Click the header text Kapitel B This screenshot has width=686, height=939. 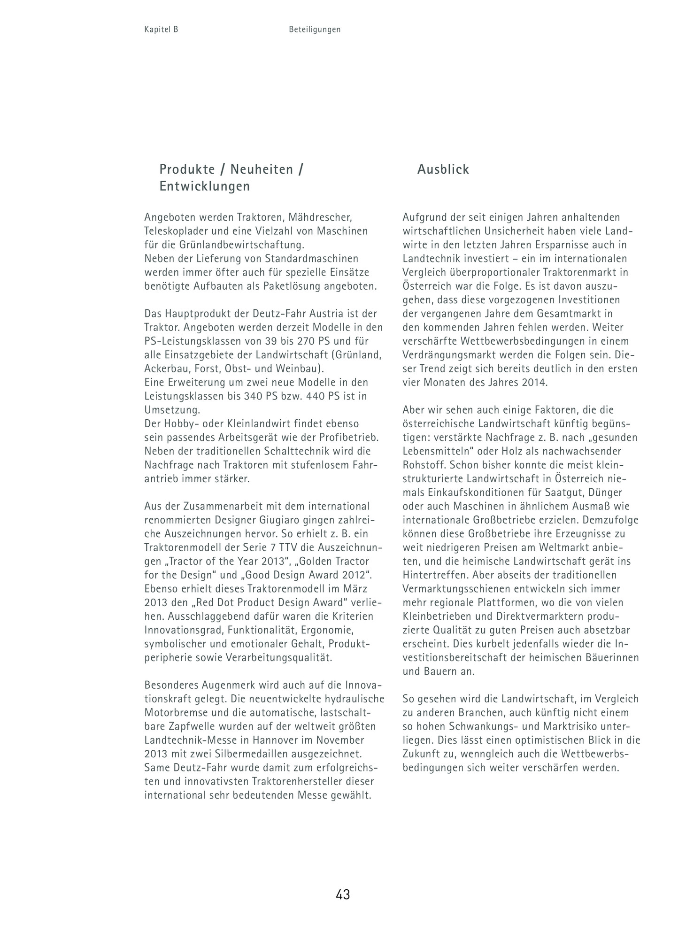[161, 30]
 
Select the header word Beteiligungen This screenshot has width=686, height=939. [315, 30]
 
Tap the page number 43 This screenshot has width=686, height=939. [343, 894]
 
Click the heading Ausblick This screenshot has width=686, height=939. [443, 169]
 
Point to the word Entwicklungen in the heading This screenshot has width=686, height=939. [205, 186]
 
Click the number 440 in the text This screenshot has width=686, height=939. [315, 396]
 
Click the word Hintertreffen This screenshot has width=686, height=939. [435, 575]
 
